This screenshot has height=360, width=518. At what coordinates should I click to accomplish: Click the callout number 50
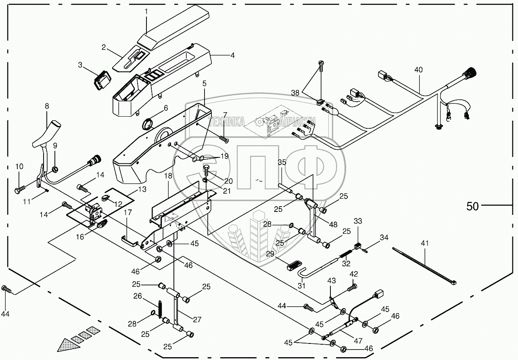(x=472, y=206)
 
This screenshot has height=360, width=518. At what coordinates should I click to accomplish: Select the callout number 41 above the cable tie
(x=425, y=243)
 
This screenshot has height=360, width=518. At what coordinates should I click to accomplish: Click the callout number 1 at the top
(x=146, y=12)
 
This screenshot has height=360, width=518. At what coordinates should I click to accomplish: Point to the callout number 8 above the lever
(x=47, y=106)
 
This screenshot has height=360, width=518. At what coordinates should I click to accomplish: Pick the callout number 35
(x=282, y=163)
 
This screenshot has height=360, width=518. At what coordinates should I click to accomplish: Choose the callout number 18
(x=168, y=176)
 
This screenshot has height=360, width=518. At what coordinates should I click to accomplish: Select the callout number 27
(x=197, y=320)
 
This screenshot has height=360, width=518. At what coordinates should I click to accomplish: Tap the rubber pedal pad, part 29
(x=297, y=266)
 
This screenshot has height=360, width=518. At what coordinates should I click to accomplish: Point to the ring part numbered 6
(x=149, y=123)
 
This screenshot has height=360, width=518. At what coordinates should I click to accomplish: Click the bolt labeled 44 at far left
(x=6, y=289)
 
